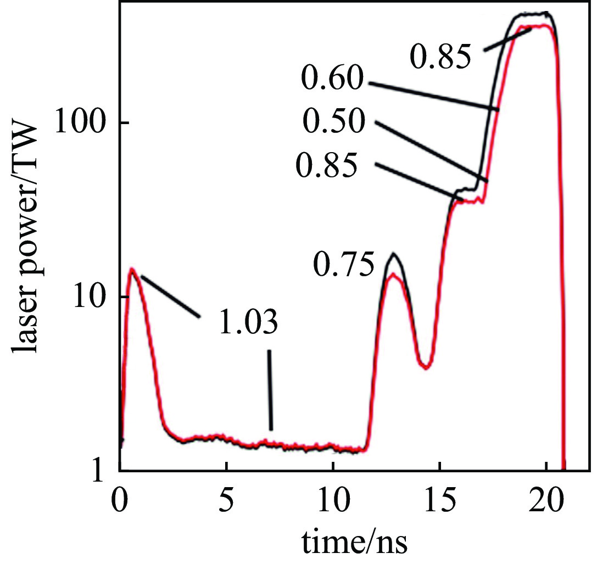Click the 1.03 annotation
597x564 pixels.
[x=248, y=324]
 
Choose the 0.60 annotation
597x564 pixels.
[x=332, y=81]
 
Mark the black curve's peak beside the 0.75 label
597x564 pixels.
[x=393, y=254]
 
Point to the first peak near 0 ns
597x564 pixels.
[x=132, y=269]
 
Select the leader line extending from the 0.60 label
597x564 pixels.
[x=434, y=97]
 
